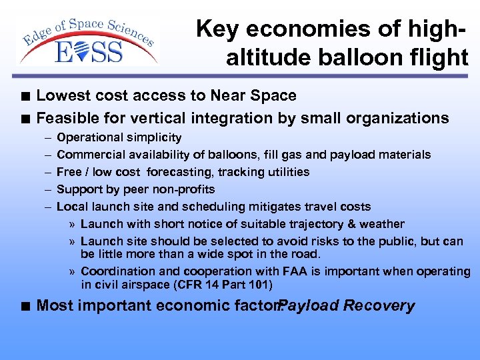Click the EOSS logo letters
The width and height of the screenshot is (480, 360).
point(89,51)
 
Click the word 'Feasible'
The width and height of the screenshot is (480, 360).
point(69,118)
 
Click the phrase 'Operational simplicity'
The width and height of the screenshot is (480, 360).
point(119,137)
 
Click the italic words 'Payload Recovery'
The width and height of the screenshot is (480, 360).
point(347,306)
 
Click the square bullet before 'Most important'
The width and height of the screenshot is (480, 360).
point(25,307)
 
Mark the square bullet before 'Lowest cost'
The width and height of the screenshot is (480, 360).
point(25,97)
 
